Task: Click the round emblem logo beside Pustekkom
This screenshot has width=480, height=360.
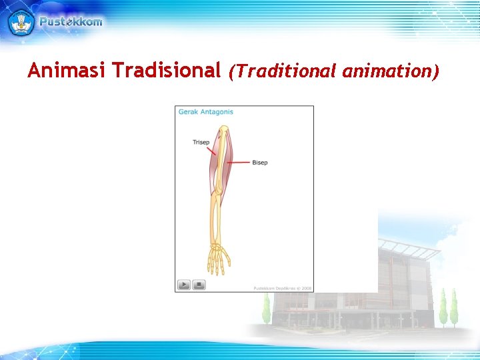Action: [21, 21]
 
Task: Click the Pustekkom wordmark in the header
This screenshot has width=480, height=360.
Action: [71, 21]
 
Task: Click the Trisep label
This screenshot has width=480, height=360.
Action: [201, 142]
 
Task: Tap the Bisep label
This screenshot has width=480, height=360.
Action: [260, 163]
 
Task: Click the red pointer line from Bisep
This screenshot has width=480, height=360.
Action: [241, 162]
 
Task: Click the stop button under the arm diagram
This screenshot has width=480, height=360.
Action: [199, 285]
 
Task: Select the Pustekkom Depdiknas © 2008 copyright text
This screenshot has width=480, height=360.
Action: [282, 288]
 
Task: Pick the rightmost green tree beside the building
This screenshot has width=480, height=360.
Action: [454, 306]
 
